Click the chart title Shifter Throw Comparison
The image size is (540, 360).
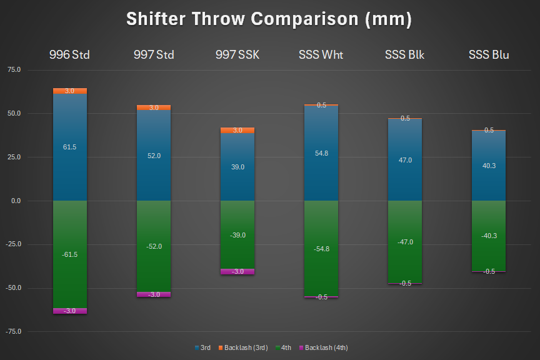pyautogui.click(x=269, y=19)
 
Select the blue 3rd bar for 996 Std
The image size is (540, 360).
pyautogui.click(x=70, y=169)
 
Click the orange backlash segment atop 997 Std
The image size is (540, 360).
pyautogui.click(x=154, y=107)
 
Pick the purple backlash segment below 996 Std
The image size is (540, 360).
pyautogui.click(x=70, y=311)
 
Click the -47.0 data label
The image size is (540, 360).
pyautogui.click(x=405, y=242)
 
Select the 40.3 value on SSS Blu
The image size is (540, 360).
pyautogui.click(x=489, y=166)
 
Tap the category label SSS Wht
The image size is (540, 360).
pyautogui.click(x=321, y=55)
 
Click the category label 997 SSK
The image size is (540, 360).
pyautogui.click(x=237, y=55)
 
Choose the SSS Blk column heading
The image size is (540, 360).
pyautogui.click(x=405, y=55)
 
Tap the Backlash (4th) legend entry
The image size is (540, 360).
pyautogui.click(x=329, y=347)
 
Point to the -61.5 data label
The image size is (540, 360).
pyautogui.click(x=70, y=254)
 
